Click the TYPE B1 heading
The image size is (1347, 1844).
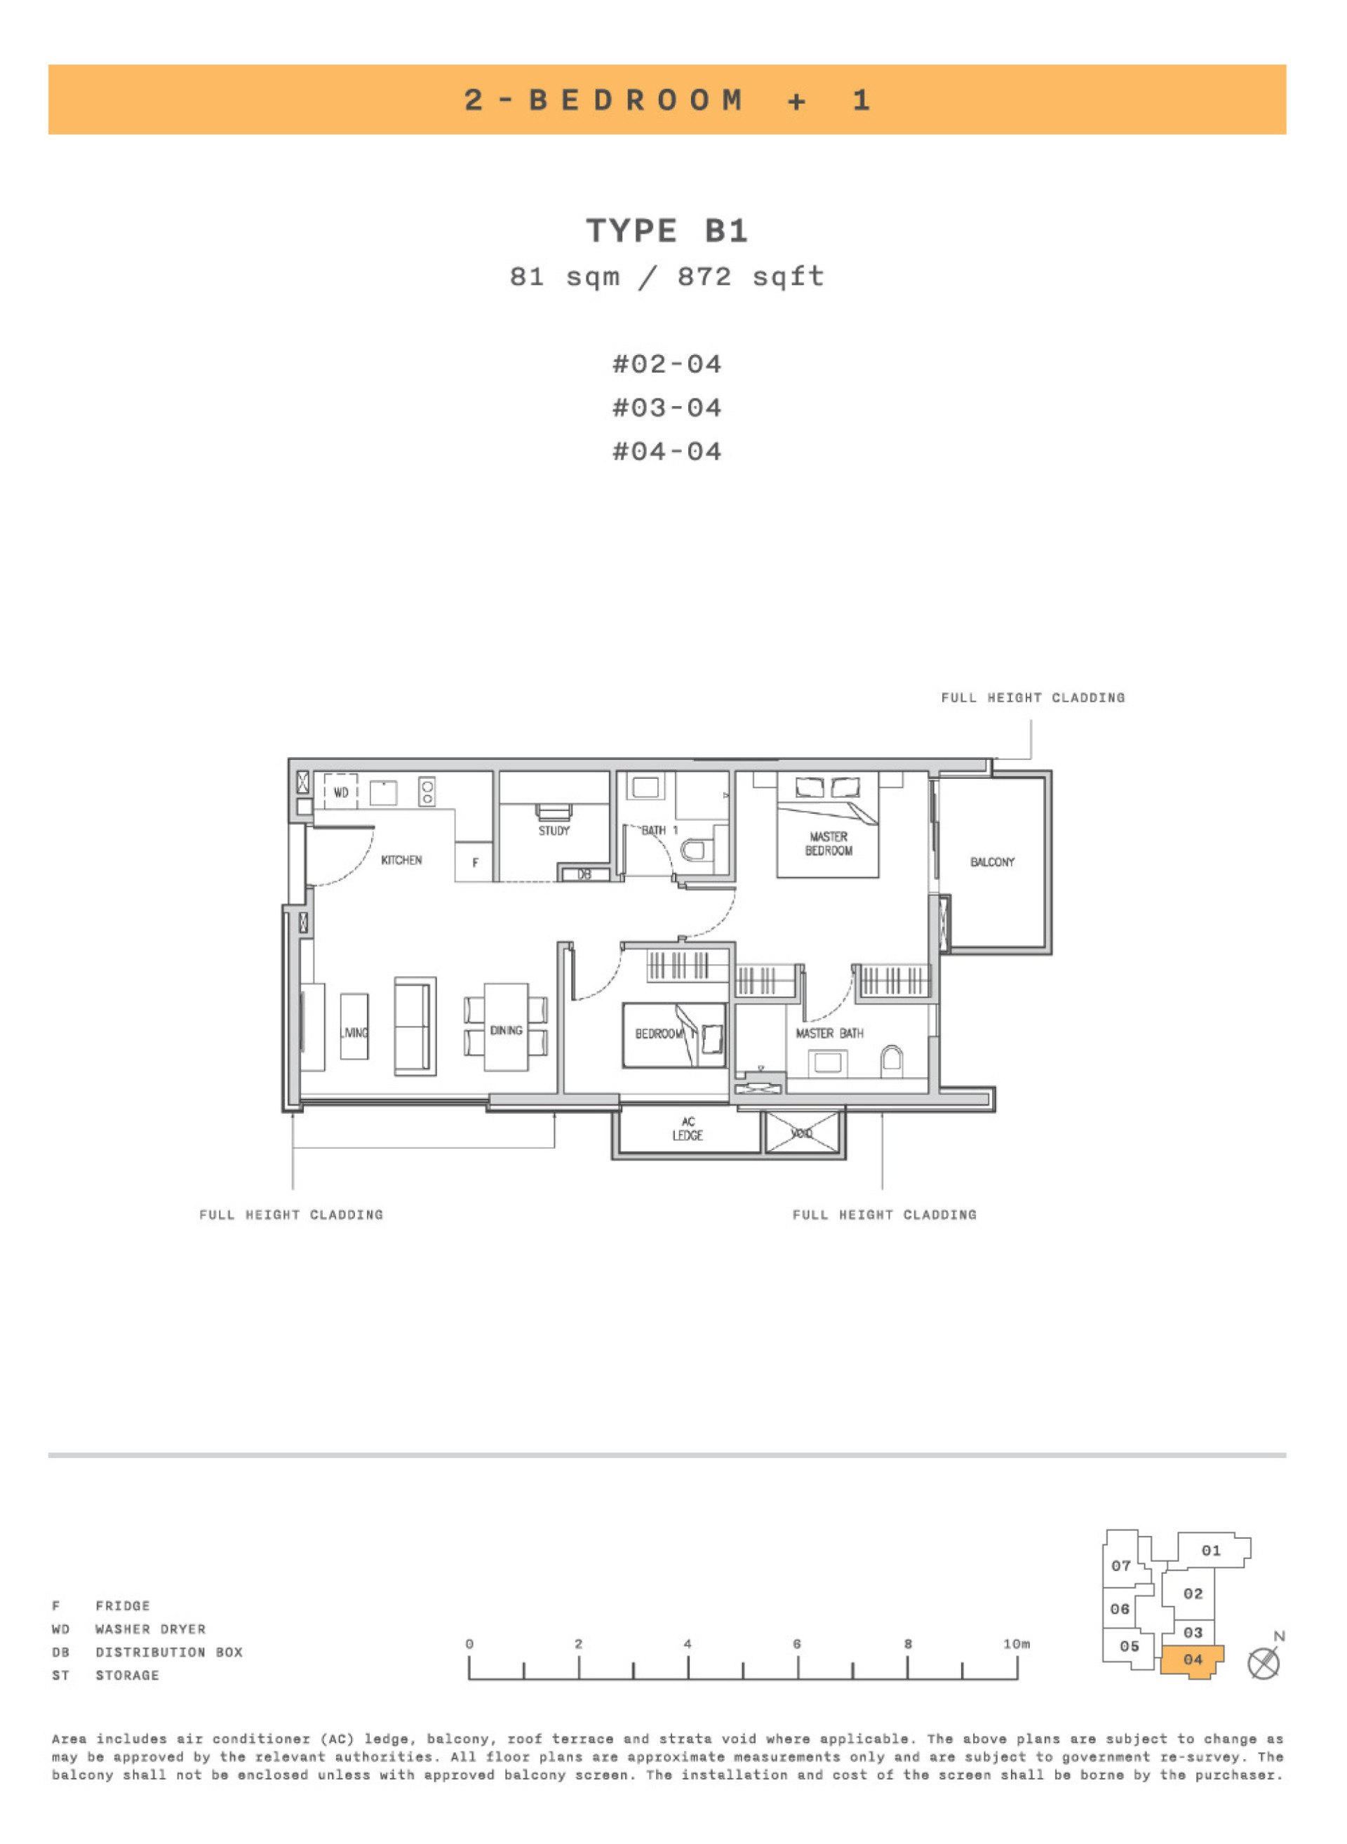click(667, 231)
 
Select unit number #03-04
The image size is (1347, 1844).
click(667, 408)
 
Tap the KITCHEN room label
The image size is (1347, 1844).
click(401, 860)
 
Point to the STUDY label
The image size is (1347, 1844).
click(554, 831)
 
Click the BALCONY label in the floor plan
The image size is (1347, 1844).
click(992, 862)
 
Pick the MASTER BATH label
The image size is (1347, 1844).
click(829, 1034)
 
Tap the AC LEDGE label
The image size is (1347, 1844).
click(688, 1129)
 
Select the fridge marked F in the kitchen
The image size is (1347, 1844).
click(474, 863)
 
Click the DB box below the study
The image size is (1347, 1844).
click(584, 874)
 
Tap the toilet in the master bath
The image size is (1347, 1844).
click(892, 1060)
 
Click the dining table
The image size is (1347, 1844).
click(506, 1028)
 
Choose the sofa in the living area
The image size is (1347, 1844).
click(414, 1026)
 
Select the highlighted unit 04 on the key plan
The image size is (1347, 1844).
click(1192, 1659)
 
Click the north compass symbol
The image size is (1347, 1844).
click(1264, 1663)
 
